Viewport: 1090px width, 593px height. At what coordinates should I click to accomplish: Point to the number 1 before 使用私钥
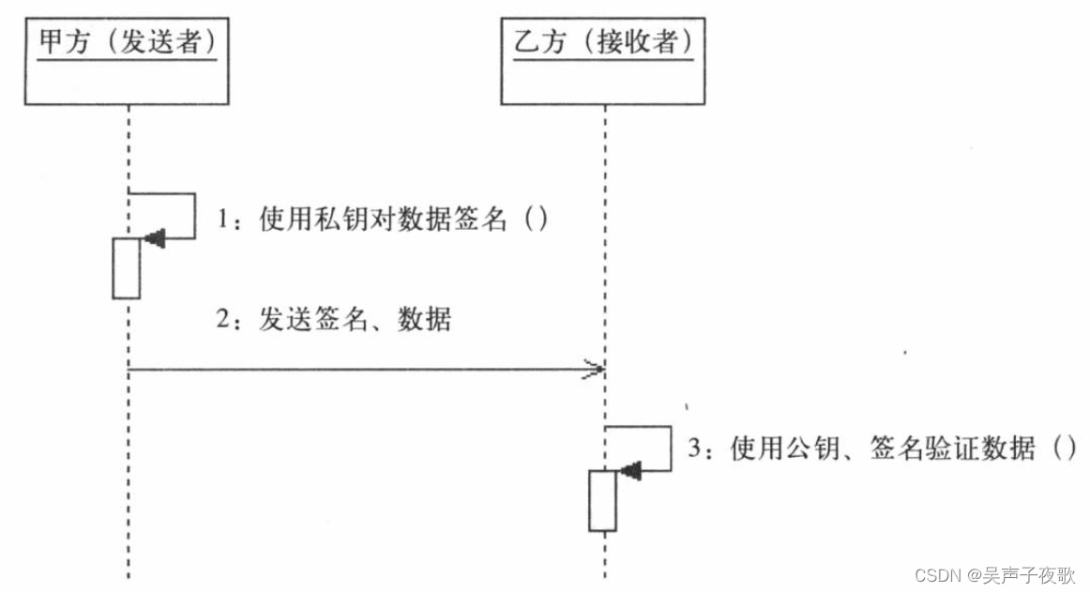click(x=223, y=220)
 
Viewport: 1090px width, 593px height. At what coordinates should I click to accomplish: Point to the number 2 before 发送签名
click(x=223, y=321)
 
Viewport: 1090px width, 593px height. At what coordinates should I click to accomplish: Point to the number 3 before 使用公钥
click(x=695, y=450)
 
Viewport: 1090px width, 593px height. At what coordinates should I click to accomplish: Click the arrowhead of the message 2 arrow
click(x=593, y=370)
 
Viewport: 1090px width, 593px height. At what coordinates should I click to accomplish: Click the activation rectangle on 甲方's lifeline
click(x=127, y=268)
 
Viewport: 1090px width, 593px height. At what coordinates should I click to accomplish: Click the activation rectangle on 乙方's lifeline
click(x=602, y=501)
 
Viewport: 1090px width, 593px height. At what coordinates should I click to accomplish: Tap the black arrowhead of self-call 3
click(x=630, y=471)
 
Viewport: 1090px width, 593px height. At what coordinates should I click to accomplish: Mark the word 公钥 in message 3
click(x=801, y=449)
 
